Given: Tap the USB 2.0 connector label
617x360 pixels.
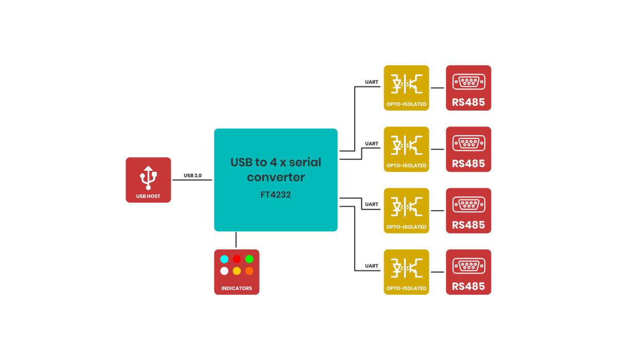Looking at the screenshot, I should (x=193, y=175).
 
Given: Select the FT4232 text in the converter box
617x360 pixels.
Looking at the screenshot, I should (x=276, y=195).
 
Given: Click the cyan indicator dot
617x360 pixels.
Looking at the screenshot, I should (x=224, y=259).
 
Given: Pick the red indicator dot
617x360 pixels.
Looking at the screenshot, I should (x=237, y=259).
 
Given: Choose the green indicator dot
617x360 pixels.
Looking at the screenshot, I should (x=249, y=259).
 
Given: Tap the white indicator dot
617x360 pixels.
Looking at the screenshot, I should (x=224, y=271).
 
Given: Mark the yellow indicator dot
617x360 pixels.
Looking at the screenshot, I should (x=237, y=271).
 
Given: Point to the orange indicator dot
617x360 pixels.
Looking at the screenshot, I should (x=249, y=271).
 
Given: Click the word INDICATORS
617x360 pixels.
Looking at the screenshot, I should (x=237, y=289).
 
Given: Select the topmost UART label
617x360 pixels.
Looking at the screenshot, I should (x=371, y=82).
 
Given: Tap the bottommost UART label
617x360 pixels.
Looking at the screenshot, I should (x=371, y=266).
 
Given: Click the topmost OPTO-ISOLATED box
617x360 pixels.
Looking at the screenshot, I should (x=406, y=87).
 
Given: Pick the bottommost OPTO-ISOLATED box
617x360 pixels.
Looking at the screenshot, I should (x=406, y=272).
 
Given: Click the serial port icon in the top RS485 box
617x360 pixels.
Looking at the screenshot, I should (x=468, y=82).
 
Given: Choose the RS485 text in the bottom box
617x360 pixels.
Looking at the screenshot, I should (x=468, y=286).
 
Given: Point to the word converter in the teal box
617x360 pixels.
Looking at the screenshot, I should (x=276, y=177).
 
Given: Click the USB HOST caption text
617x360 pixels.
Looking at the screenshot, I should (x=148, y=196).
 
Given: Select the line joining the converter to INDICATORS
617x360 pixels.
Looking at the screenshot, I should (x=237, y=240).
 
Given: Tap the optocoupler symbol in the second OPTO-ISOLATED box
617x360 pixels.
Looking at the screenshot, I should (x=406, y=144).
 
